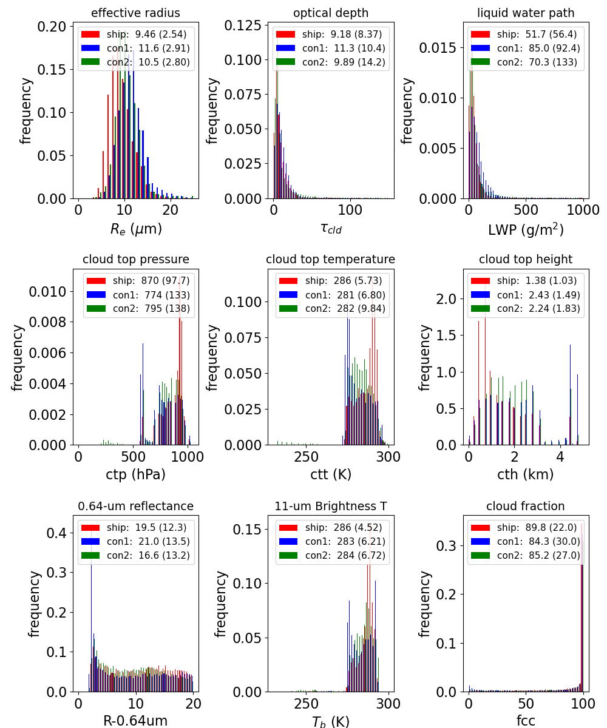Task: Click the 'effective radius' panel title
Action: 135,13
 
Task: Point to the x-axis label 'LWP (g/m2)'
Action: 526,229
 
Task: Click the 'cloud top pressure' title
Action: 136,259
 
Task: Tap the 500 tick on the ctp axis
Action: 133,457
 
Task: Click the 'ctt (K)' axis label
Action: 331,474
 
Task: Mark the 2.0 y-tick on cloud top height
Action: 446,299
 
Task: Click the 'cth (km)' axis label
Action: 526,474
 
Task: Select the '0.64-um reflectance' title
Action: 136,506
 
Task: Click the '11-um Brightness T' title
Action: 331,506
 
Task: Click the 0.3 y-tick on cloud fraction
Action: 446,545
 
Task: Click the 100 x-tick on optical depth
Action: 350,210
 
